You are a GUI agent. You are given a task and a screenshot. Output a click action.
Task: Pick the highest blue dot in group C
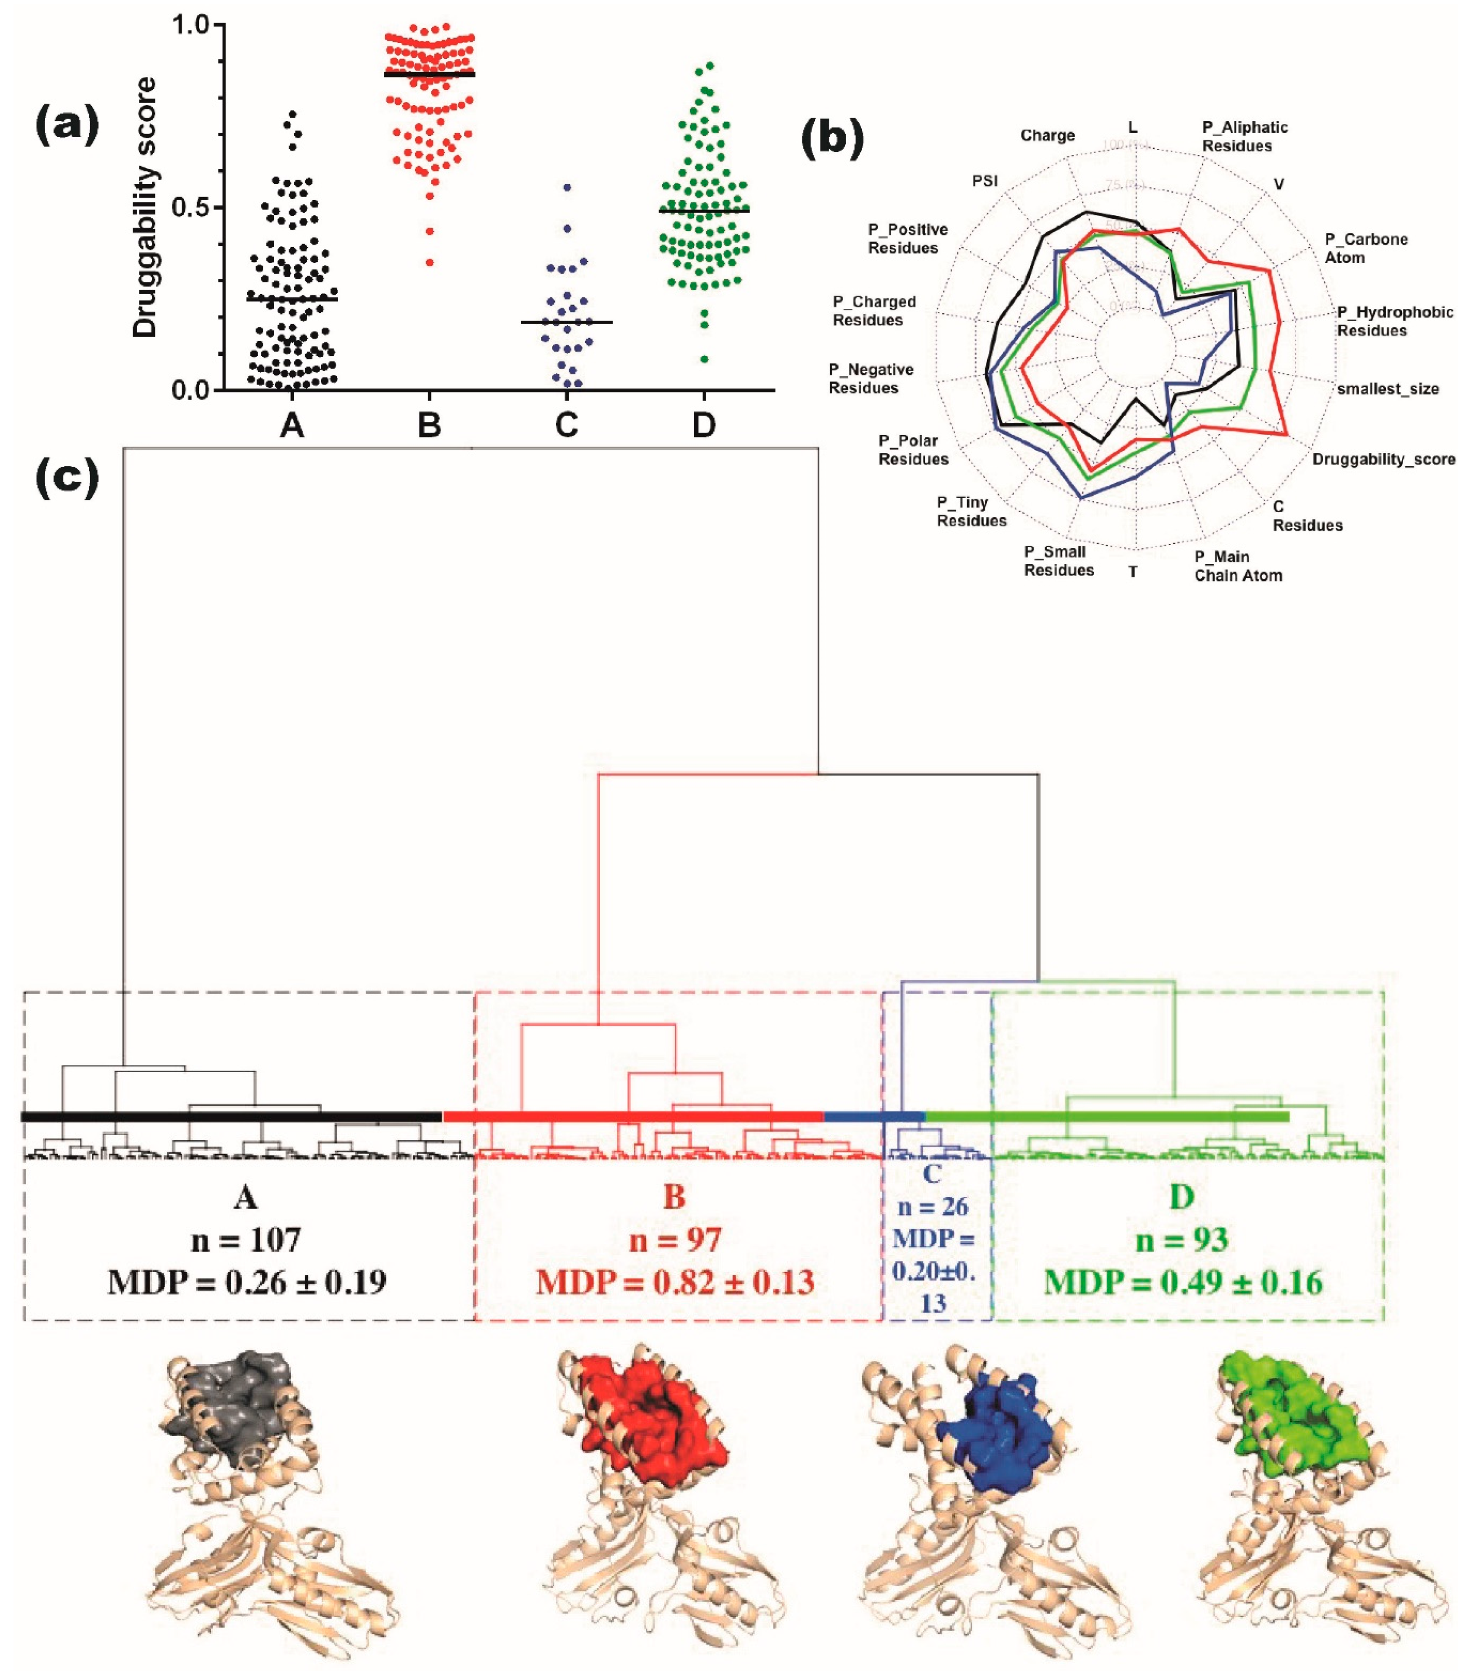click(x=567, y=187)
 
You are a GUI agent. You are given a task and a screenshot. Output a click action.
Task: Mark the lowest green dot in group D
click(x=704, y=359)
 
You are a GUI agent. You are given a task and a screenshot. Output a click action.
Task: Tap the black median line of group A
click(x=292, y=299)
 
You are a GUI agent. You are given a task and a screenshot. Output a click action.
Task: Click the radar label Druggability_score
click(x=1383, y=459)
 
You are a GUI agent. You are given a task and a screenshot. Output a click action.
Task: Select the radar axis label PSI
click(x=985, y=181)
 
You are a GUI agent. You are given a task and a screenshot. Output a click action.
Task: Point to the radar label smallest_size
click(x=1388, y=389)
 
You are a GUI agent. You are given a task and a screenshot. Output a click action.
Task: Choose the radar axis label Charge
click(x=1047, y=136)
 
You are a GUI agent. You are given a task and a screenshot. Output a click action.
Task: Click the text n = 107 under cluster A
click(x=246, y=1240)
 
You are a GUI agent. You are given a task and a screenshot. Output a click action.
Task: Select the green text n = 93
click(x=1182, y=1240)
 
